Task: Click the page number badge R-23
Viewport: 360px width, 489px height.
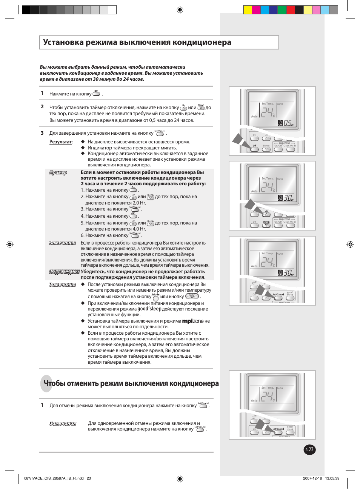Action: tap(309, 449)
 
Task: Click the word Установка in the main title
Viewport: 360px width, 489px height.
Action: tap(63, 42)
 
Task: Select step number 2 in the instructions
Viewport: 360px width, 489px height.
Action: tap(42, 107)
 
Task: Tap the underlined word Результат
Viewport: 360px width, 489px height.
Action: tap(60, 142)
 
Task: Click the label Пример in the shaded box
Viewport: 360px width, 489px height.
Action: tap(58, 172)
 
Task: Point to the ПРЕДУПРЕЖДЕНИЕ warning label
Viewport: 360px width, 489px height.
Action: tap(64, 272)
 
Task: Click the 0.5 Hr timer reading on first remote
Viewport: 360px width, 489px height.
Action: tap(288, 123)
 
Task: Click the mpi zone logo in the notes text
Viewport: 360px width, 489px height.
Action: tap(193, 321)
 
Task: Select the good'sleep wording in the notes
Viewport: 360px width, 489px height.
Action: tap(149, 309)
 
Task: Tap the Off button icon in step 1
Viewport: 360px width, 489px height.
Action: tap(96, 94)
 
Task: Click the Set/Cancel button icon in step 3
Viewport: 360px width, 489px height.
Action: tap(160, 134)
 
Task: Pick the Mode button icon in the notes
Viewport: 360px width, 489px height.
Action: tap(156, 298)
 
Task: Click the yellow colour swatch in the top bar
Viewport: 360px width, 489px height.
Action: tap(248, 10)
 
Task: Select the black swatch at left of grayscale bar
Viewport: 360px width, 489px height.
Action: tap(26, 10)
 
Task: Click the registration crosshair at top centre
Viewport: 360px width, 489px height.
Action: tap(180, 10)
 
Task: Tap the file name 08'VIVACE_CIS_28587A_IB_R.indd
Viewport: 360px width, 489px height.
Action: tap(54, 478)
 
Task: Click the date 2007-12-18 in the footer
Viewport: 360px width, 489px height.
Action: tap(312, 478)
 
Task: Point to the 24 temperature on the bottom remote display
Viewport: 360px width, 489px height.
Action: tap(267, 396)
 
